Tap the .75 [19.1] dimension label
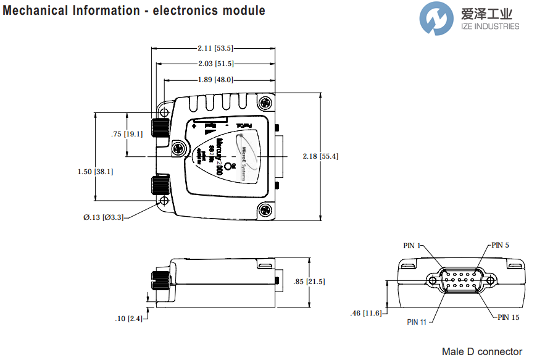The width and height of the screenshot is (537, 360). pos(127,134)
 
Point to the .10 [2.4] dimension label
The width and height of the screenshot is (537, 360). pos(128,319)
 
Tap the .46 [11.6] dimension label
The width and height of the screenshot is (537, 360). pos(365,314)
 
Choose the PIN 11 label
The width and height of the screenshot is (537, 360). pos(417,322)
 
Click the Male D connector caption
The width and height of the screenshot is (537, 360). pos(481,351)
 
